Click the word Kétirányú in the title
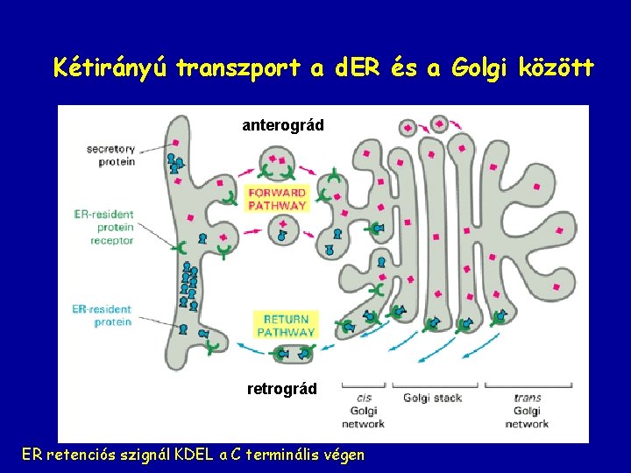[111, 67]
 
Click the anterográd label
[283, 125]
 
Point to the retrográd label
[282, 388]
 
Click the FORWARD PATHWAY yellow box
[277, 199]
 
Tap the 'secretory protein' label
[110, 155]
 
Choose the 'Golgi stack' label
[432, 399]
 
